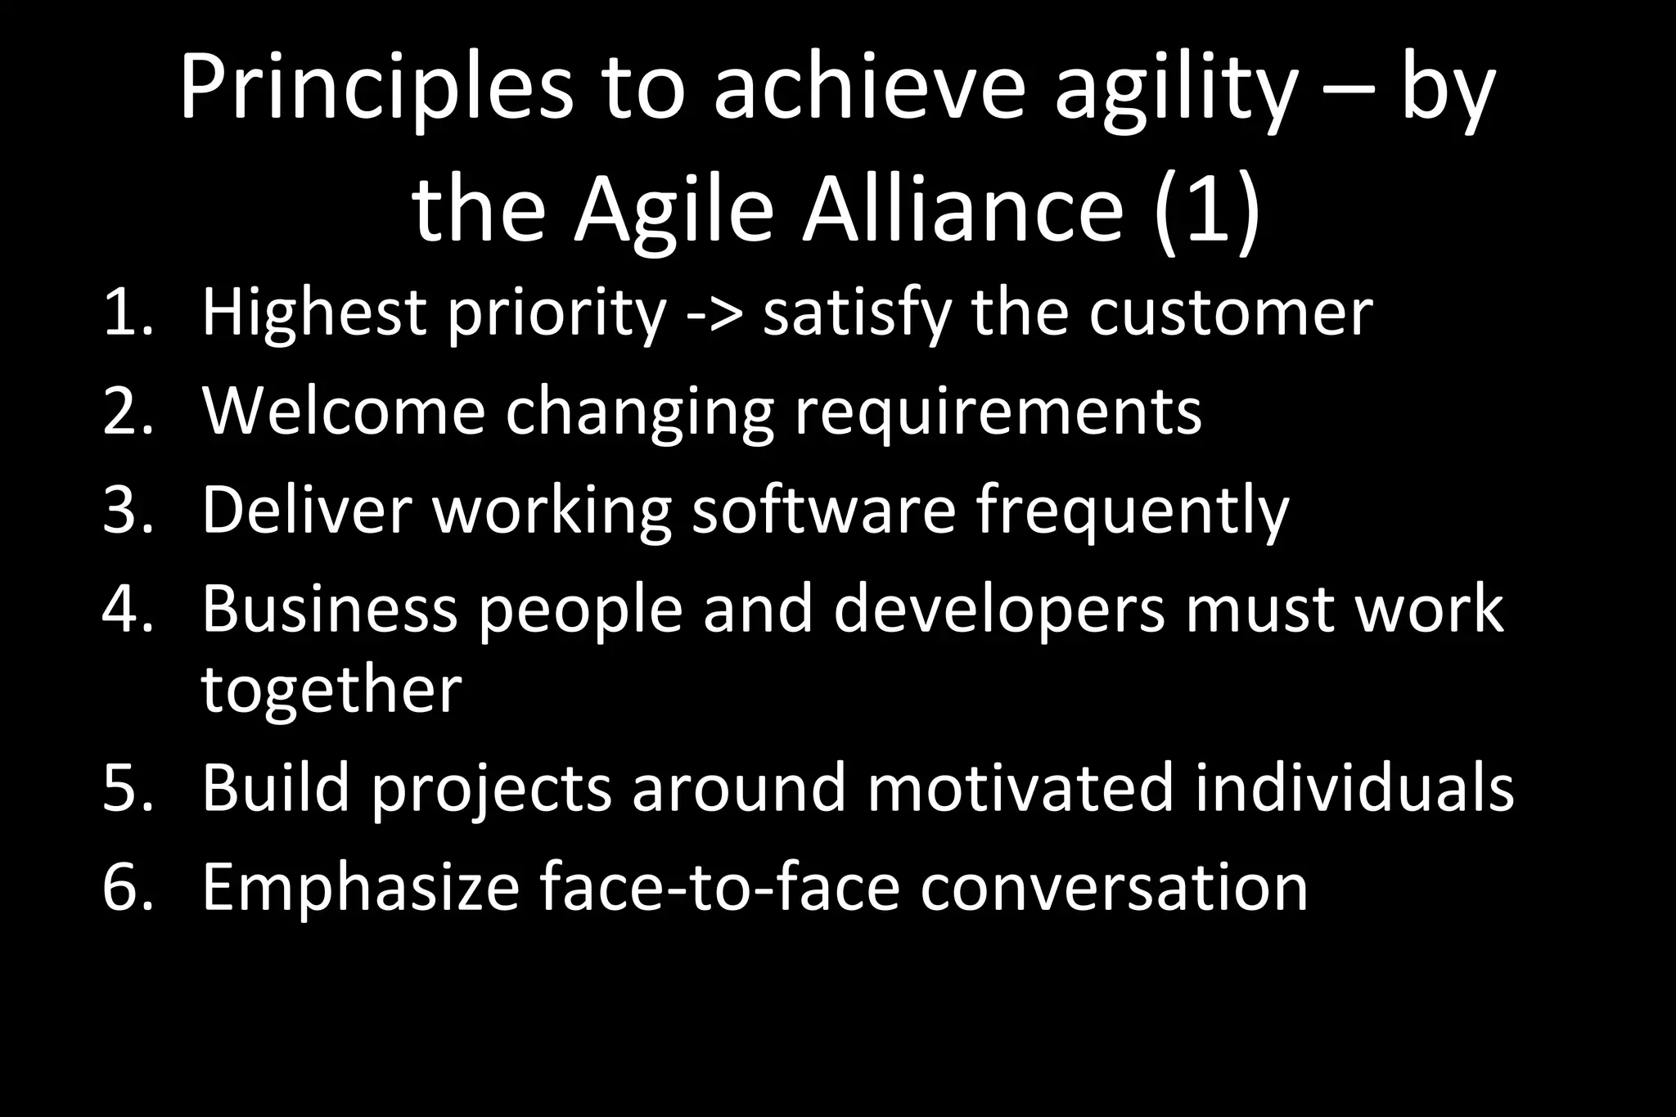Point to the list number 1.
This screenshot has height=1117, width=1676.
pos(127,312)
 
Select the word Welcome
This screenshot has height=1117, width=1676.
pos(343,412)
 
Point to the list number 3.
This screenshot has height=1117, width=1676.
pos(127,510)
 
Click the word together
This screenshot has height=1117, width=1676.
pos(331,691)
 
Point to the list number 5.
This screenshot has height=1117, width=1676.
pos(127,787)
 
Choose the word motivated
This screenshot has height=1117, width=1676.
pos(1020,787)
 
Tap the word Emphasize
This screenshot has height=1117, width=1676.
pos(360,887)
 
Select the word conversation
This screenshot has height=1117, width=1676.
pos(1114,887)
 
